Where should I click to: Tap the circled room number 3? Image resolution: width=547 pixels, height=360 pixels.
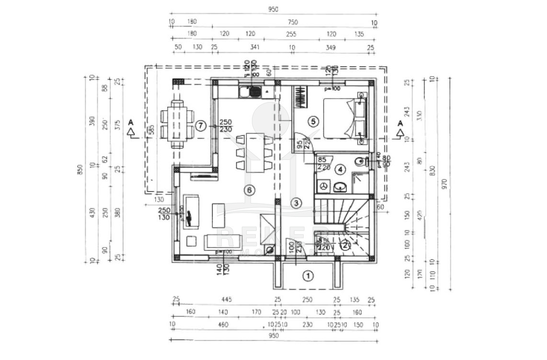click(296, 203)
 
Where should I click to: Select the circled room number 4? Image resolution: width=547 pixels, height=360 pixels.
click(340, 169)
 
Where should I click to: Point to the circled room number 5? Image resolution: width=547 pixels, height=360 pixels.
click(313, 121)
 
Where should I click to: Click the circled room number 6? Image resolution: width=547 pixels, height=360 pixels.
click(248, 190)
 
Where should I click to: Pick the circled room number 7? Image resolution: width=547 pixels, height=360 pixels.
click(201, 126)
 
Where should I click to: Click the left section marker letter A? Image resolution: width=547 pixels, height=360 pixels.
click(130, 123)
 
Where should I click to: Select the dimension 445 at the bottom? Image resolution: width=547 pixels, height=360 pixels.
click(227, 300)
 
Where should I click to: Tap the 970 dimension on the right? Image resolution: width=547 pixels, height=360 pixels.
click(444, 182)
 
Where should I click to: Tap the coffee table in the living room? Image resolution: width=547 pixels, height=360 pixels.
click(218, 215)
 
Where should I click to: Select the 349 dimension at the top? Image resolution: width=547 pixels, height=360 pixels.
click(330, 47)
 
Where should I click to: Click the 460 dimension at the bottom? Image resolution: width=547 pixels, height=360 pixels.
click(223, 325)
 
